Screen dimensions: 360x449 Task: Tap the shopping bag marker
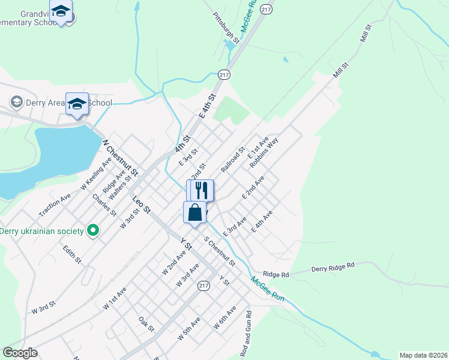[195, 212]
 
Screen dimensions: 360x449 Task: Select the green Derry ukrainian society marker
[92, 230]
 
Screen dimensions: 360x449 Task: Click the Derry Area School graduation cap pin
[77, 103]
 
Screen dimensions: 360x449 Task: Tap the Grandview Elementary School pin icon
[61, 11]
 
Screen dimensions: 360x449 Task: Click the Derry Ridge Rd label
[333, 267]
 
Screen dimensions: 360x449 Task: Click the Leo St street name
[141, 204]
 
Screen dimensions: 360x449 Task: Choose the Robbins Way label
[264, 153]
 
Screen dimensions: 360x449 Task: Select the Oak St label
[146, 325]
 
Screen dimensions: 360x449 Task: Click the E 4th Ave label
[262, 221]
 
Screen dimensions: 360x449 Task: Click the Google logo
[20, 353]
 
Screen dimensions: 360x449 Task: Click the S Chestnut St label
[219, 251]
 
